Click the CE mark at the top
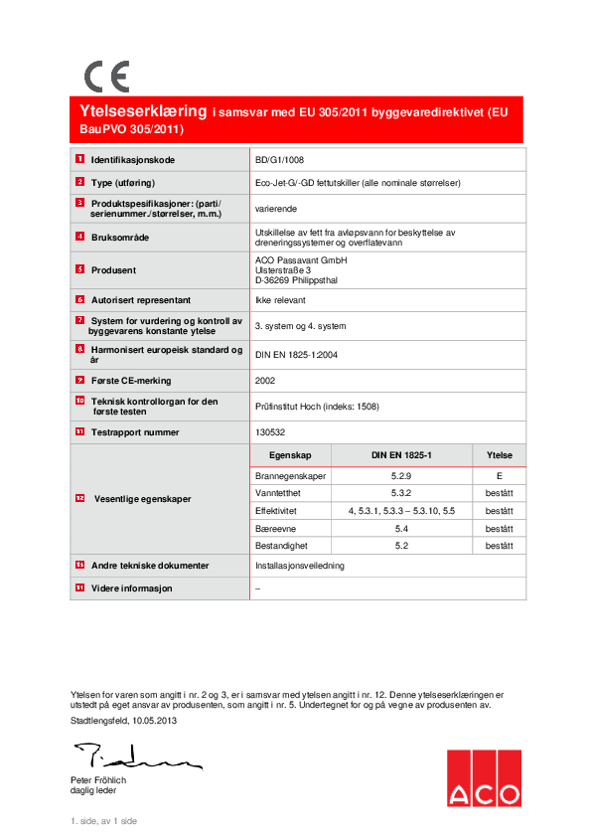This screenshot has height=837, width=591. point(106,77)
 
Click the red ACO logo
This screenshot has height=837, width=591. point(483,777)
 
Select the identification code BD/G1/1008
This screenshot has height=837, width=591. point(281,159)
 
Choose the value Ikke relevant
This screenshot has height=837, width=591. point(281,299)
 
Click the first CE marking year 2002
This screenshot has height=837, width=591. point(266,380)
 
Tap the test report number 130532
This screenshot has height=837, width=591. point(270,432)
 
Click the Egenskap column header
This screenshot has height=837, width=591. point(290,455)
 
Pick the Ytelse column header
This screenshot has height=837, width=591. point(499,455)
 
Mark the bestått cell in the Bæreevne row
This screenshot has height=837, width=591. point(499,529)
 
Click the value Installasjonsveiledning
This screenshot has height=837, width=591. point(299,566)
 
